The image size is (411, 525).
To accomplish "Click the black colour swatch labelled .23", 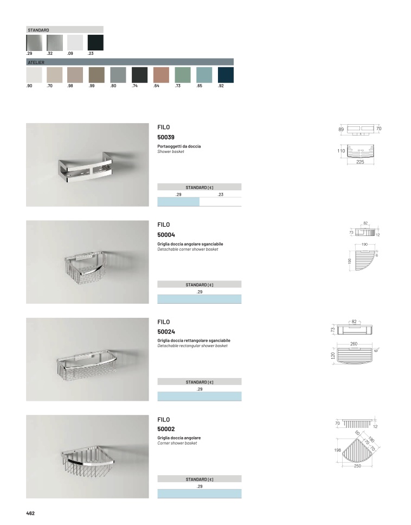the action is (95, 42).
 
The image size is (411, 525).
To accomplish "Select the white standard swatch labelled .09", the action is (75, 42).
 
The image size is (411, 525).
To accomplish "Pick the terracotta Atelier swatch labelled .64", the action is (162, 75).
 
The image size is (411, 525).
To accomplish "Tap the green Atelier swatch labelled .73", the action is (183, 75).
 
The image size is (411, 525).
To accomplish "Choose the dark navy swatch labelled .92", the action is (226, 75).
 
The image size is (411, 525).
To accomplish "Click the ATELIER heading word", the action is (36, 62).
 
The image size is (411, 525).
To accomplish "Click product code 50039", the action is (166, 137).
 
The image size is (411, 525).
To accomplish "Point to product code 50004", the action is (166, 235).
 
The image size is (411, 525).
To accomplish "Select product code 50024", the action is (166, 332).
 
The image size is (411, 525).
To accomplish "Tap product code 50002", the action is (166, 429).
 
